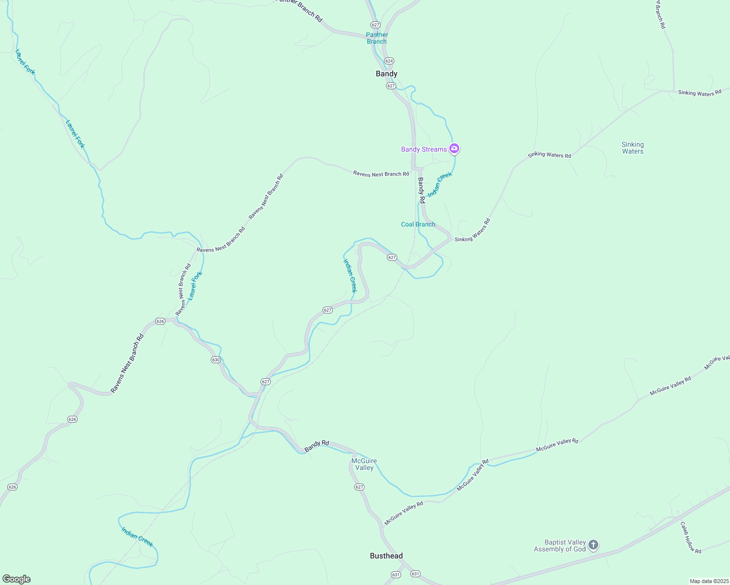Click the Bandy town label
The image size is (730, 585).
(386, 74)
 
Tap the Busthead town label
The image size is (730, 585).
(386, 556)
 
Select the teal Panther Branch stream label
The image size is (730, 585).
(377, 38)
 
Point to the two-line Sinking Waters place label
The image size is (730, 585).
(632, 148)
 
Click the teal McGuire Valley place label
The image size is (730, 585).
(364, 464)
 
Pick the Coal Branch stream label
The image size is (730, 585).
(418, 224)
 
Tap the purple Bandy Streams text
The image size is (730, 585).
(424, 149)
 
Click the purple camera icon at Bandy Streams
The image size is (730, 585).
(454, 148)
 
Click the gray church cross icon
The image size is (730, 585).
(593, 545)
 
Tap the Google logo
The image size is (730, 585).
(16, 579)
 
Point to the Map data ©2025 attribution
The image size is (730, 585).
(709, 581)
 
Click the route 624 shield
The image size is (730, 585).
(389, 61)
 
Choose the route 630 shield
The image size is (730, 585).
(216, 360)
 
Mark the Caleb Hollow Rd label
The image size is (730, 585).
(691, 538)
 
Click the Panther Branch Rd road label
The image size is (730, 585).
(299, 8)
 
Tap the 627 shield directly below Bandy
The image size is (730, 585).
(391, 86)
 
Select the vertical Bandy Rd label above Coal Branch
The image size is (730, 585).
(421, 190)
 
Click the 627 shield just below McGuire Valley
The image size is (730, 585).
(359, 487)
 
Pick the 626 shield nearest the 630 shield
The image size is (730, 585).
(160, 321)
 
